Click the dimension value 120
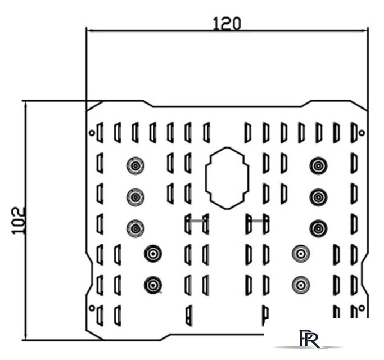[227, 23]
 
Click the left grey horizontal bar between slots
[196, 221]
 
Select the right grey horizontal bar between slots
[256, 221]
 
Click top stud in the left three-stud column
[135, 165]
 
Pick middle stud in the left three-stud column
[135, 196]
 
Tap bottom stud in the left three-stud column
[135, 228]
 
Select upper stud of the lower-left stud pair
[152, 253]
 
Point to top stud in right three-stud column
[318, 165]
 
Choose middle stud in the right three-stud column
[318, 196]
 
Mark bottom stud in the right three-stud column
[318, 228]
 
